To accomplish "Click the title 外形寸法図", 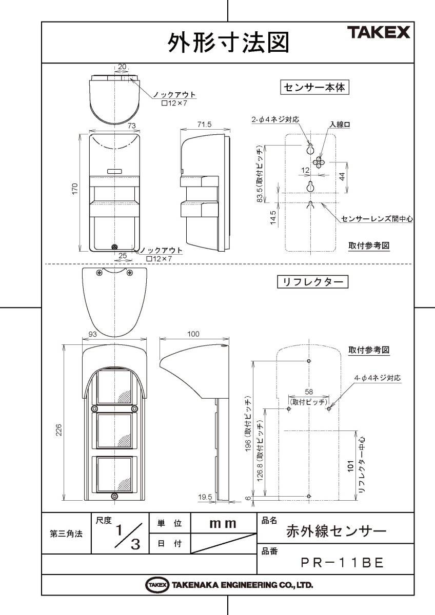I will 228,43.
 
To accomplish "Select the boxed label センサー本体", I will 315,88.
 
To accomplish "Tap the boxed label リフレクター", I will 312,282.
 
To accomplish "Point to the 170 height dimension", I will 75,189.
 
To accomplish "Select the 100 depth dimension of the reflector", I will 193,334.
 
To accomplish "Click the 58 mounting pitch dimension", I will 308,393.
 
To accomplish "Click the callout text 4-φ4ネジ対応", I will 377,378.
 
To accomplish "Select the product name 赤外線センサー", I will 336,530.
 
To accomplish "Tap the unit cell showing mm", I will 223,524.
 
